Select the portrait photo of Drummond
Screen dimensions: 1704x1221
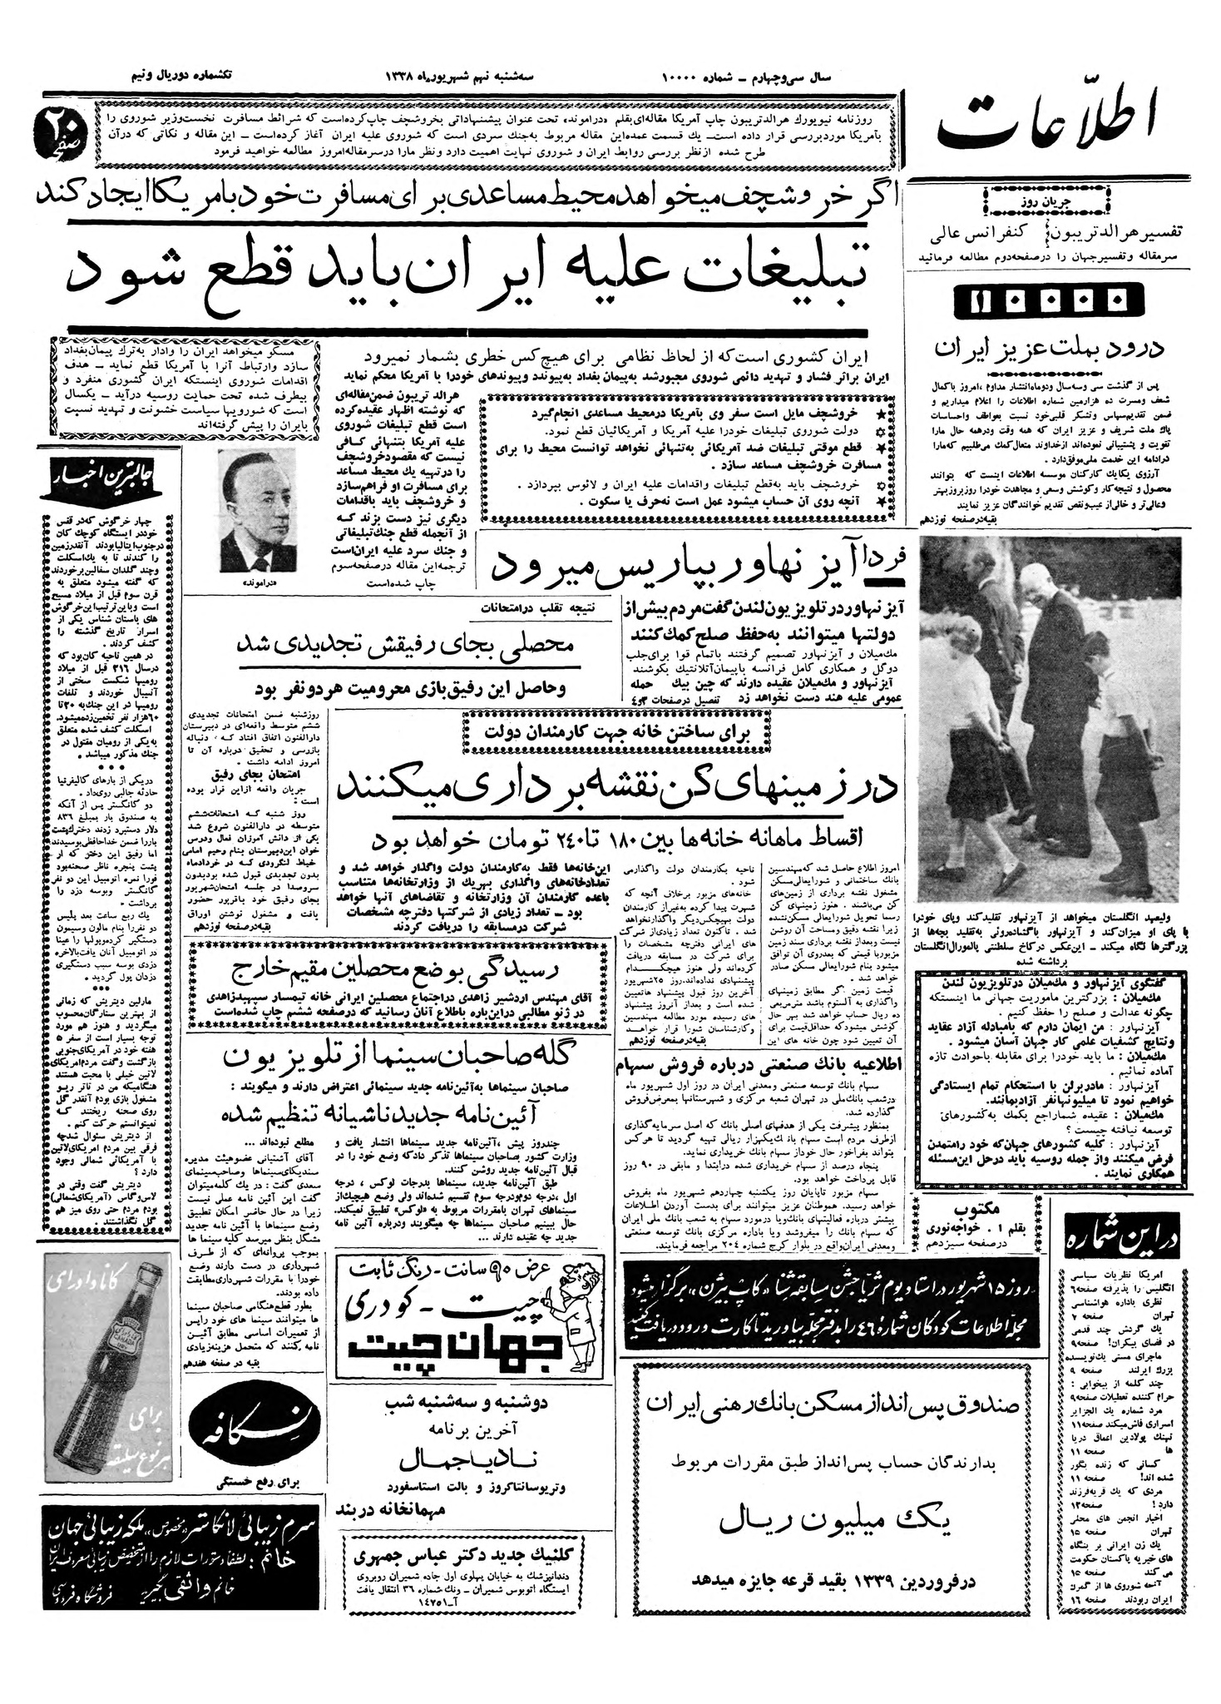(257, 511)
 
